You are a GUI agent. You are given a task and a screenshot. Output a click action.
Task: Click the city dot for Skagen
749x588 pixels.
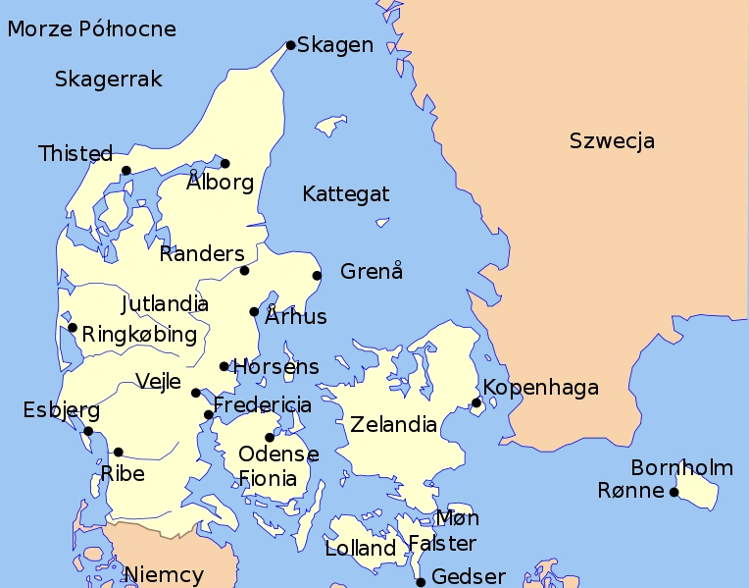[290, 45]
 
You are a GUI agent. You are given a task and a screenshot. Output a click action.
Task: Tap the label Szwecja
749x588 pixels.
[612, 141]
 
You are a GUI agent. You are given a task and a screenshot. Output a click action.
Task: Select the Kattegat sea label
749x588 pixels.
[345, 193]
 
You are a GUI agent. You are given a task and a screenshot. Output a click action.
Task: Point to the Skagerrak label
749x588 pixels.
[109, 80]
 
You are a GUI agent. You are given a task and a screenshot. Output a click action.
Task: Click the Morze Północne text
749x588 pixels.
[92, 29]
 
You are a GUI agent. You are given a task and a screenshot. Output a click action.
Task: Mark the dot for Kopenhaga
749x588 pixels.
[476, 402]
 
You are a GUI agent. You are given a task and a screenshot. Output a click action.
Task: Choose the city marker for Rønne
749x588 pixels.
[674, 492]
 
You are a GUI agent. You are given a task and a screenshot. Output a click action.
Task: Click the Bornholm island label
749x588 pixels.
[681, 467]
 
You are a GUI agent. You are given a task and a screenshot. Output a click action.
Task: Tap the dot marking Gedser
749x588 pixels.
[421, 582]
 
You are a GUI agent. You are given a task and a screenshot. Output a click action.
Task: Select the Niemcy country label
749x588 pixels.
[164, 575]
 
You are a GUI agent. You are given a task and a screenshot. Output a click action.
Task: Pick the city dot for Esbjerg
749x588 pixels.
[88, 431]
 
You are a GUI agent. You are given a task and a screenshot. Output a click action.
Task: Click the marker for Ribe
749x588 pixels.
[119, 453]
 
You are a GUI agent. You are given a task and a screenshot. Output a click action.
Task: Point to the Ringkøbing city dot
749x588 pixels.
[73, 328]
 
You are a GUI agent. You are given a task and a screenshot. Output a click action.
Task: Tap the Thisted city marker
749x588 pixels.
[126, 171]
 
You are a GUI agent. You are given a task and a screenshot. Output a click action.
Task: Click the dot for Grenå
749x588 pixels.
[317, 276]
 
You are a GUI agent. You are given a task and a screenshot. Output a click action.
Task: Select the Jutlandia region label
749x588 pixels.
[165, 303]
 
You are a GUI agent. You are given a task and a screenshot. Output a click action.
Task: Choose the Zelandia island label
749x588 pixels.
[393, 425]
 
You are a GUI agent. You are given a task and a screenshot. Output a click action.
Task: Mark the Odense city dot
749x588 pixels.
[270, 438]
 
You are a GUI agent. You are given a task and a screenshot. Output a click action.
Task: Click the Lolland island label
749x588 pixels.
[361, 549]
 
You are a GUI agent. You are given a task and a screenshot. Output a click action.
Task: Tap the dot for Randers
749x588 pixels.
[244, 270]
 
